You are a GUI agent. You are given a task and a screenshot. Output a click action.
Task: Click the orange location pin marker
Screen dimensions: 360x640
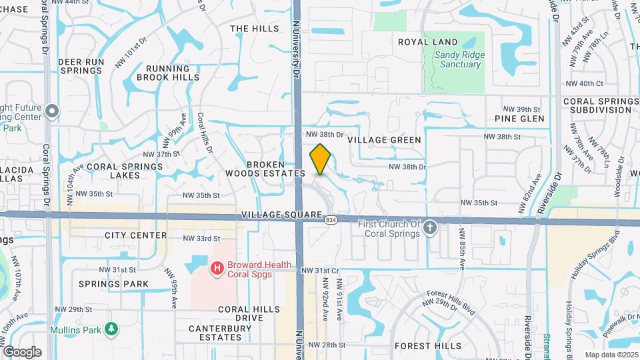pyautogui.click(x=320, y=159)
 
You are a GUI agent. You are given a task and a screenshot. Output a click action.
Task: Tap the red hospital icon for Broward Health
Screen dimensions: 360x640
pyautogui.click(x=217, y=269)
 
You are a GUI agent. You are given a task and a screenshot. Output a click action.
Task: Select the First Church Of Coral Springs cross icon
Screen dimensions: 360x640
pyautogui.click(x=430, y=229)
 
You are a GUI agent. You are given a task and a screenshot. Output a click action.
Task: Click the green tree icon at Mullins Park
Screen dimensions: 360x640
pyautogui.click(x=113, y=329)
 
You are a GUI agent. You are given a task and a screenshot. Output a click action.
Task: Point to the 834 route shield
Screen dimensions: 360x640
pyautogui.click(x=329, y=219)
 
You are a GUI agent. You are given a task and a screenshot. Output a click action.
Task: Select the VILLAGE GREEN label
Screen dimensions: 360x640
pyautogui.click(x=385, y=140)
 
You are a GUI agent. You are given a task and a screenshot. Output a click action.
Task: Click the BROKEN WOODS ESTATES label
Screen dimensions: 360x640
pyautogui.click(x=275, y=169)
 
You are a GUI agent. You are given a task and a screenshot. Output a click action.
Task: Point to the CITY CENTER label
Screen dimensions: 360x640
pyautogui.click(x=135, y=235)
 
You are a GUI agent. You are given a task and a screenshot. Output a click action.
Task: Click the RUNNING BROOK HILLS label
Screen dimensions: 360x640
pyautogui.click(x=168, y=73)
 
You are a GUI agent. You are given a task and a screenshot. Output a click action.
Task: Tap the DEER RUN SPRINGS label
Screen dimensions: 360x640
pyautogui.click(x=81, y=66)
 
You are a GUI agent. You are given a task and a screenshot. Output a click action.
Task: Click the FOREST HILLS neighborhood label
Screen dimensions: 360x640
pyautogui.click(x=427, y=346)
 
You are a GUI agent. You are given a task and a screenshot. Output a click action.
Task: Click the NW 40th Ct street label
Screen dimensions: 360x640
pyautogui.click(x=583, y=83)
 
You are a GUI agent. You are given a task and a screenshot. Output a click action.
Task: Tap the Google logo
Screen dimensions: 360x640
pyautogui.click(x=21, y=352)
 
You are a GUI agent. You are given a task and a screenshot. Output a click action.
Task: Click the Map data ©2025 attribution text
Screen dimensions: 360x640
pyautogui.click(x=611, y=355)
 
